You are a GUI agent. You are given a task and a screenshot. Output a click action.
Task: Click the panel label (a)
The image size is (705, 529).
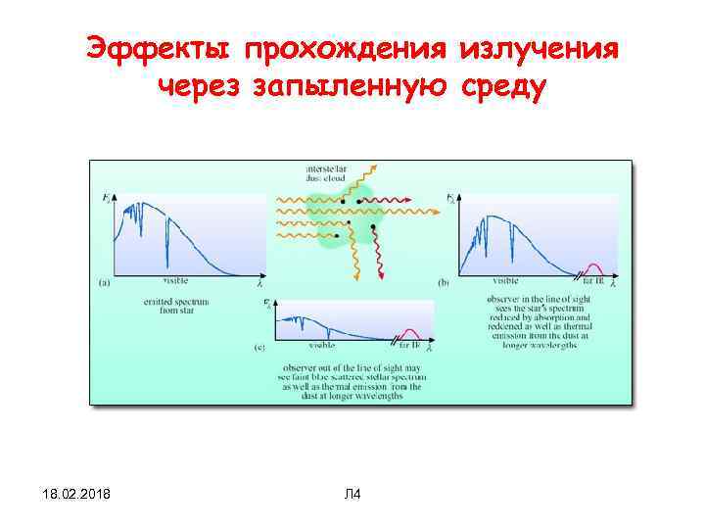click(x=105, y=283)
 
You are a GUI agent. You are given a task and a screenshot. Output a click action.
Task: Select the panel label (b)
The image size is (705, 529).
click(x=444, y=283)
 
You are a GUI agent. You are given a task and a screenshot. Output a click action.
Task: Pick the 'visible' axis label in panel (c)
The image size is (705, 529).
click(x=320, y=346)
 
